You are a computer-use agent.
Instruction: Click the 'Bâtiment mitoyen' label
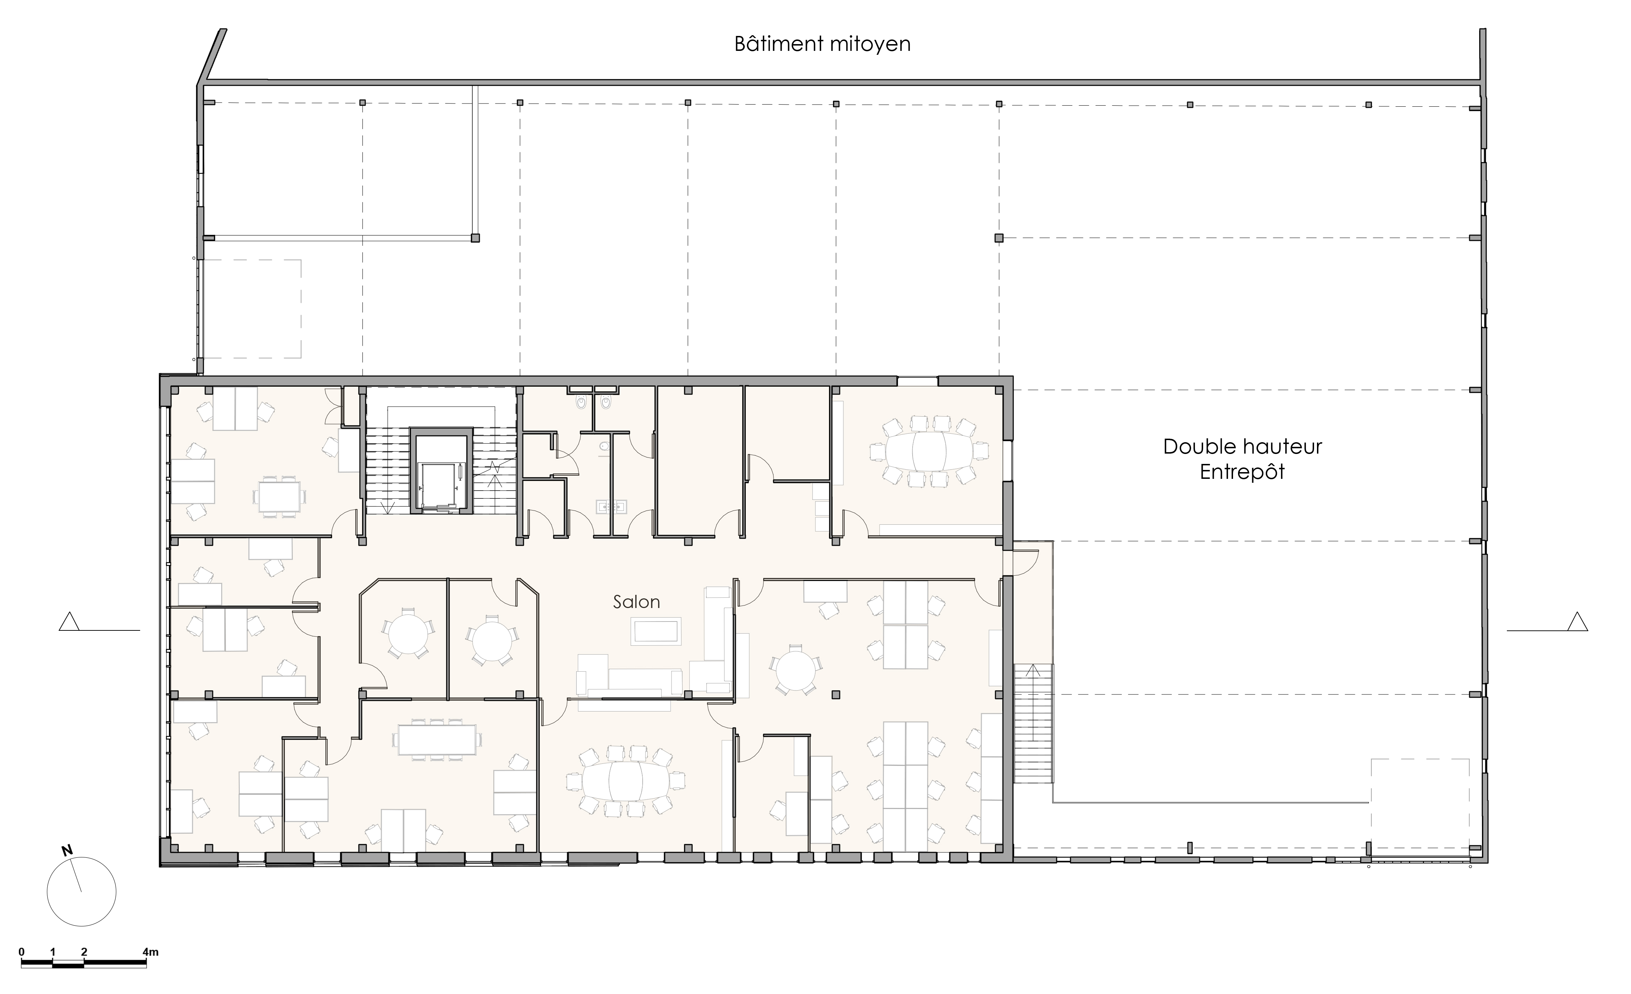click(822, 44)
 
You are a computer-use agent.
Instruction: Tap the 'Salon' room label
click(636, 602)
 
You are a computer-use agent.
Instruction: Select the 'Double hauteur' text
click(1242, 446)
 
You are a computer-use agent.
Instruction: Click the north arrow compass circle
click(81, 891)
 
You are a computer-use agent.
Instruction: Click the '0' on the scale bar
click(22, 952)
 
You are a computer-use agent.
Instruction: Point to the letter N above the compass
click(66, 850)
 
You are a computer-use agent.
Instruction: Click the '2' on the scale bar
click(84, 952)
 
